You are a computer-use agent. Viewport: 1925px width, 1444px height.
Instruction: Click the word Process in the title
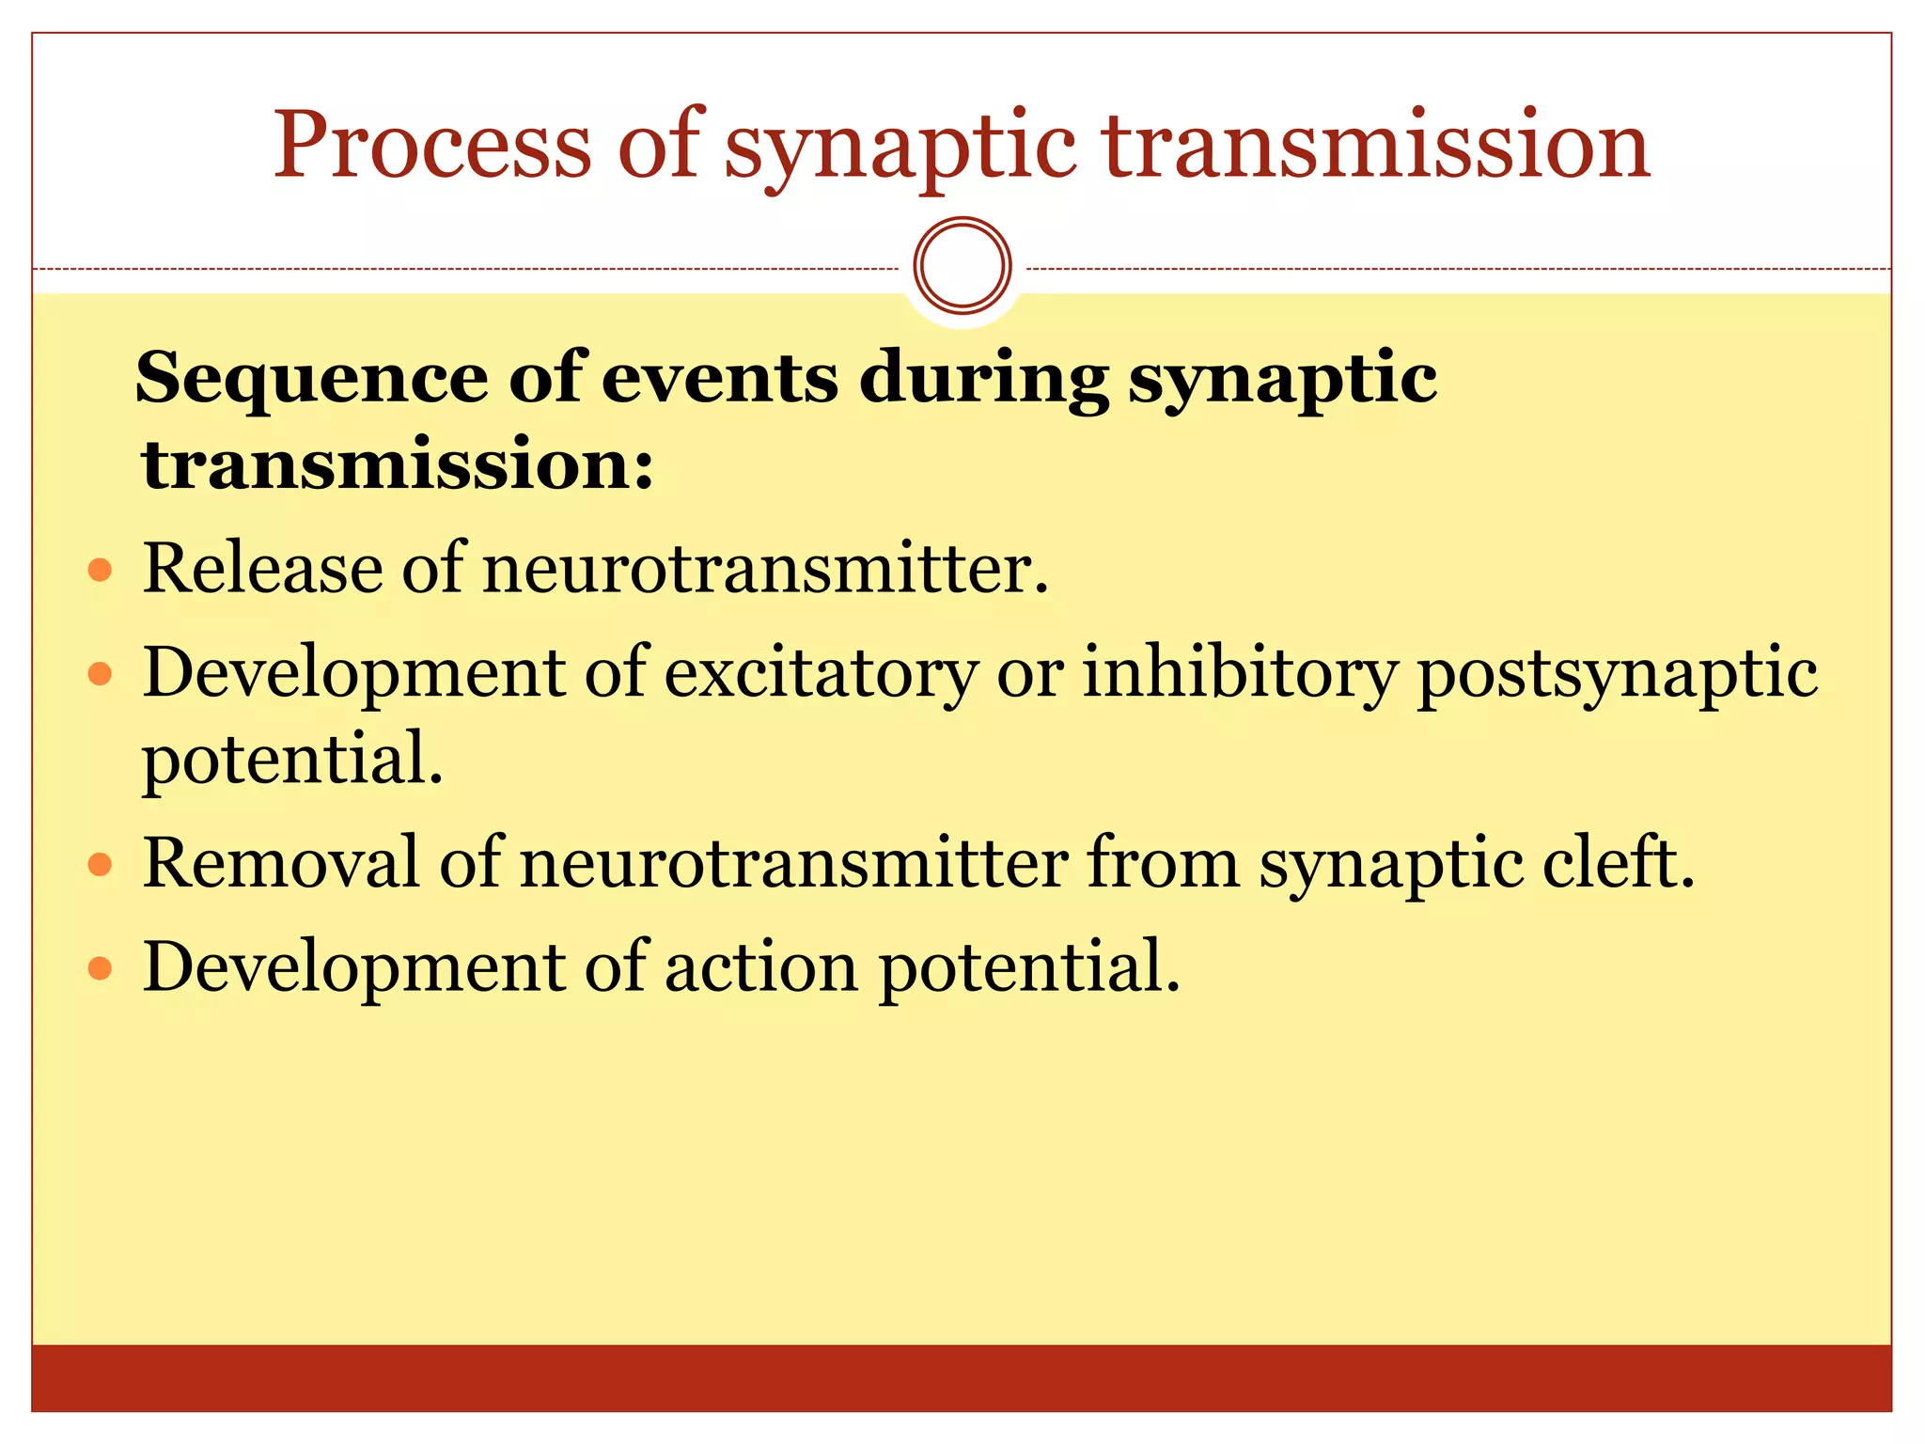pyautogui.click(x=432, y=145)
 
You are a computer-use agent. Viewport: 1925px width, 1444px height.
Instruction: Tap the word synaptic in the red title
pyautogui.click(x=900, y=149)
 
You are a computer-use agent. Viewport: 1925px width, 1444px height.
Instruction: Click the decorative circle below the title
pyautogui.click(x=962, y=265)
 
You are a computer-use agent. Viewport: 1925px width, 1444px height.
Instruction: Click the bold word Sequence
pyautogui.click(x=311, y=379)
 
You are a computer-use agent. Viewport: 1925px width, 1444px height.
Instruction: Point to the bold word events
pyautogui.click(x=719, y=379)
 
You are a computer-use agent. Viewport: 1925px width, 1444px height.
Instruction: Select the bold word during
pyautogui.click(x=983, y=379)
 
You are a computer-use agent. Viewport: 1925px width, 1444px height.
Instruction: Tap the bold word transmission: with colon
pyautogui.click(x=397, y=464)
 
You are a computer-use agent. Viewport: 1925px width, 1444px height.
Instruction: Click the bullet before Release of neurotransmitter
pyautogui.click(x=100, y=570)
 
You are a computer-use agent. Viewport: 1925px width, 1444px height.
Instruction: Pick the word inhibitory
pyautogui.click(x=1240, y=674)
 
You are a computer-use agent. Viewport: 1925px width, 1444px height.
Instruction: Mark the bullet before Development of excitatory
pyautogui.click(x=100, y=674)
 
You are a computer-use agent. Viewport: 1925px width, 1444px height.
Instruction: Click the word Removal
pyautogui.click(x=280, y=862)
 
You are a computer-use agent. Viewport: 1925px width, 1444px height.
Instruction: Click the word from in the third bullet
pyautogui.click(x=1163, y=862)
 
